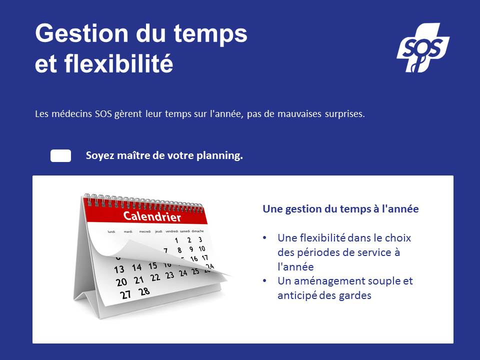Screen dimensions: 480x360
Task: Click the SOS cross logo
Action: click(x=423, y=47)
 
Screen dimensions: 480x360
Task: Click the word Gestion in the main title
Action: click(x=81, y=33)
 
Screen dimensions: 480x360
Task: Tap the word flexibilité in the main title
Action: click(x=119, y=63)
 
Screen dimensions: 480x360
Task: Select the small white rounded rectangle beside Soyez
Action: click(x=60, y=156)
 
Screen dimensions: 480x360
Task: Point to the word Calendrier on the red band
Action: click(x=152, y=216)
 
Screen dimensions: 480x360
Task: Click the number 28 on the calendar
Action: click(x=144, y=291)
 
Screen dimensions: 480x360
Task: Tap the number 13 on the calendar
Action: click(x=119, y=269)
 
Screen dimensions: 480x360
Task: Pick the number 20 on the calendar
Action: click(x=121, y=282)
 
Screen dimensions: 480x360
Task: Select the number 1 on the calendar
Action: click(x=176, y=240)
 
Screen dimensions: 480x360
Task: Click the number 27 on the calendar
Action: click(x=125, y=294)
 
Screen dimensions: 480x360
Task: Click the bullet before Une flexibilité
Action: click(x=265, y=238)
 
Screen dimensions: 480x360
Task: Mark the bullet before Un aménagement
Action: click(x=265, y=281)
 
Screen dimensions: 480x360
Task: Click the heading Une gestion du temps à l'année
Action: click(x=340, y=209)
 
